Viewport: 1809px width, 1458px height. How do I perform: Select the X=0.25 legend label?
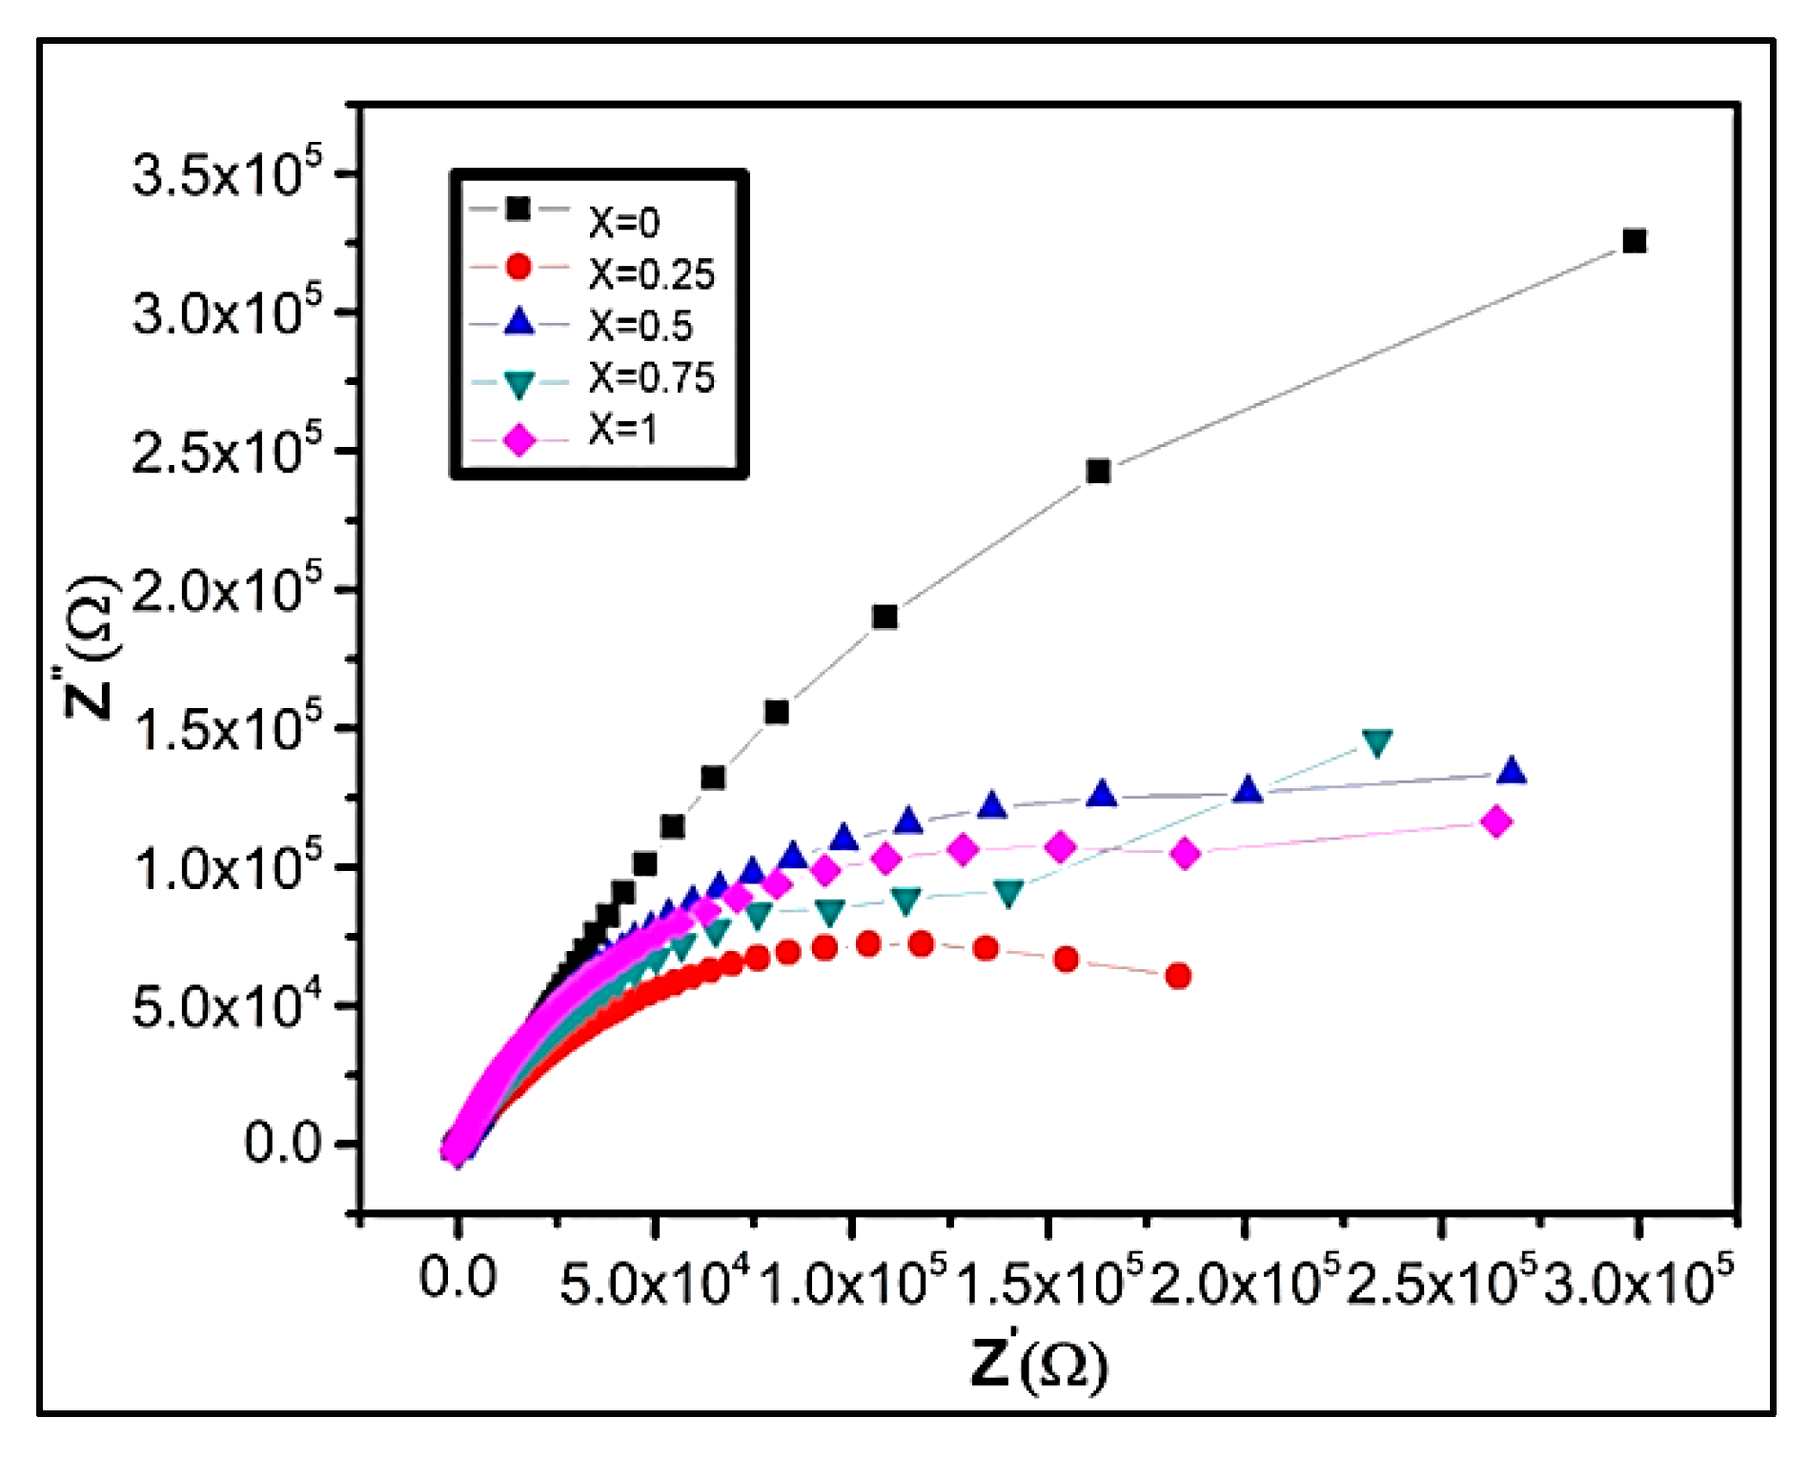point(651,274)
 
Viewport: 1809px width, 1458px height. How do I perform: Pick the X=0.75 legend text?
point(651,378)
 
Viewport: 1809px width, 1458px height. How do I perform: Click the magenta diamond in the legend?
point(519,441)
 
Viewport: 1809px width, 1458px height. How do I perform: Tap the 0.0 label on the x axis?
point(457,1278)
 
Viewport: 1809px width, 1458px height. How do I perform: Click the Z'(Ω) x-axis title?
point(1039,1364)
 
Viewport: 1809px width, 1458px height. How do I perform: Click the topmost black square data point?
point(1635,241)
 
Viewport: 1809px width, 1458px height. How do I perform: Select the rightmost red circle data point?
point(1178,976)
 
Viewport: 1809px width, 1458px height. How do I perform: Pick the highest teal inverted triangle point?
point(1377,742)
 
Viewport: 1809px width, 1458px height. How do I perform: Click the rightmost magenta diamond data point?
point(1496,821)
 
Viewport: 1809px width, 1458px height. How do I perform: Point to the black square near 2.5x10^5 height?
point(1098,471)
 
